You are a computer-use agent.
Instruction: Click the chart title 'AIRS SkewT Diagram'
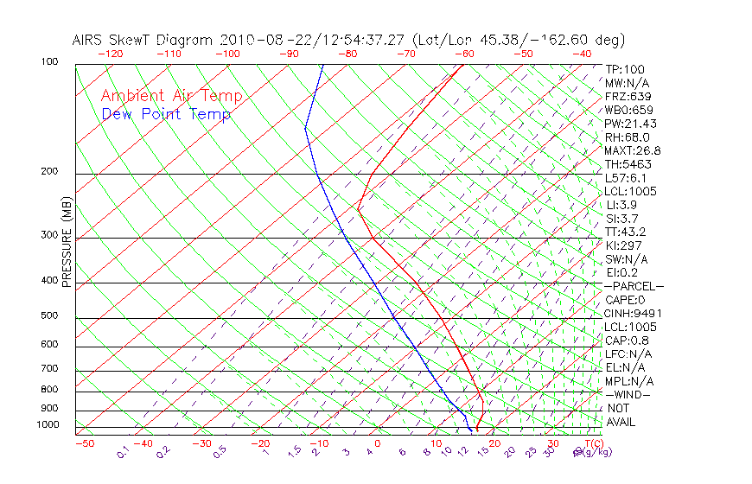point(143,41)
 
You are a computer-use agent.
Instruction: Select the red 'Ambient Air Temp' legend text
point(171,96)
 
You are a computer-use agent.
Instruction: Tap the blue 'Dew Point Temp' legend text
point(166,115)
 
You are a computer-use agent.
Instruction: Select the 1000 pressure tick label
point(48,425)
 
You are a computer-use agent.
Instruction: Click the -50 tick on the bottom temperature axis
point(84,443)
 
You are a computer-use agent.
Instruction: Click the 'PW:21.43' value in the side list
point(629,124)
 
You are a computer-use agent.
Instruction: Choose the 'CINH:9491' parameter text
point(632,314)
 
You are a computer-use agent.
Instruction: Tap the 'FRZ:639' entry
point(628,97)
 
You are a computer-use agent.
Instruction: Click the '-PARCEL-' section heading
point(634,286)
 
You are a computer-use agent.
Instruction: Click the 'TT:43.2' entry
point(626,232)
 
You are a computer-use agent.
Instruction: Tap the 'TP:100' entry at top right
point(625,69)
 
